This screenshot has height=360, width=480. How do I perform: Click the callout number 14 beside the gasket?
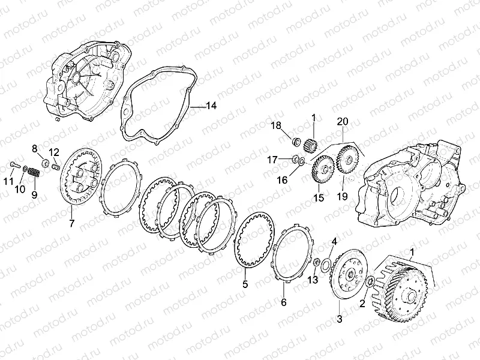pos(211,106)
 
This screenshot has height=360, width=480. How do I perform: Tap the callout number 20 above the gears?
pos(343,122)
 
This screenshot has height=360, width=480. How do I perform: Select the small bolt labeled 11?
pos(14,165)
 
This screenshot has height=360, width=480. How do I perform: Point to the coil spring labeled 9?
pos(34,172)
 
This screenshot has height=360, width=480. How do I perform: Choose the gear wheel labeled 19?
pos(347,160)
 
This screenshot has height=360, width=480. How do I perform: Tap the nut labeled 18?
pos(296,142)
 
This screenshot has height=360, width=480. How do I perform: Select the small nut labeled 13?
pos(317,262)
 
